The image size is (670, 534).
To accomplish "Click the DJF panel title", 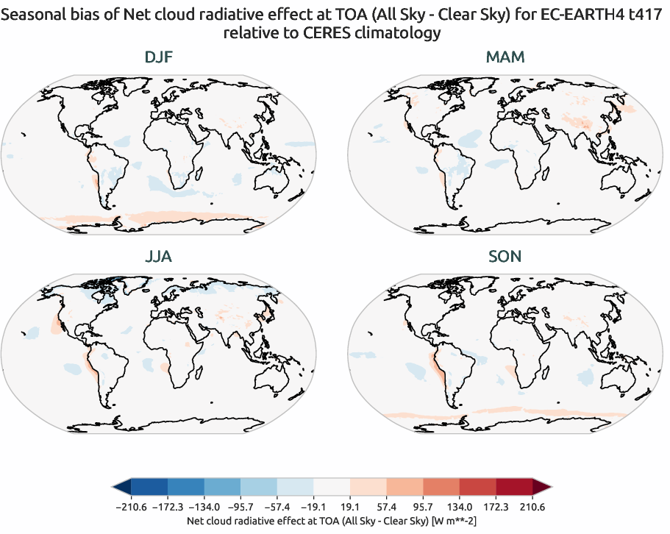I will (159, 57).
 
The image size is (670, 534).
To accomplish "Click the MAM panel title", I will (505, 57).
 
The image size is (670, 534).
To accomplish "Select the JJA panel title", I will (159, 257).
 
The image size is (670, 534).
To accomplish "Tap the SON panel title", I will (505, 257).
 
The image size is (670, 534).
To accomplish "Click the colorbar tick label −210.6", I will (132, 507).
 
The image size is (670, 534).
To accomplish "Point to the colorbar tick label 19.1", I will (350, 507).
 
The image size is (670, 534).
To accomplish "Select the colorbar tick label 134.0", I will (460, 507).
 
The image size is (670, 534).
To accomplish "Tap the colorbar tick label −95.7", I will (241, 507).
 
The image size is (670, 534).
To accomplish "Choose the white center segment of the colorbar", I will (332, 487).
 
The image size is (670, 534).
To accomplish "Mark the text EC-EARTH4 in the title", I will (552, 12).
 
